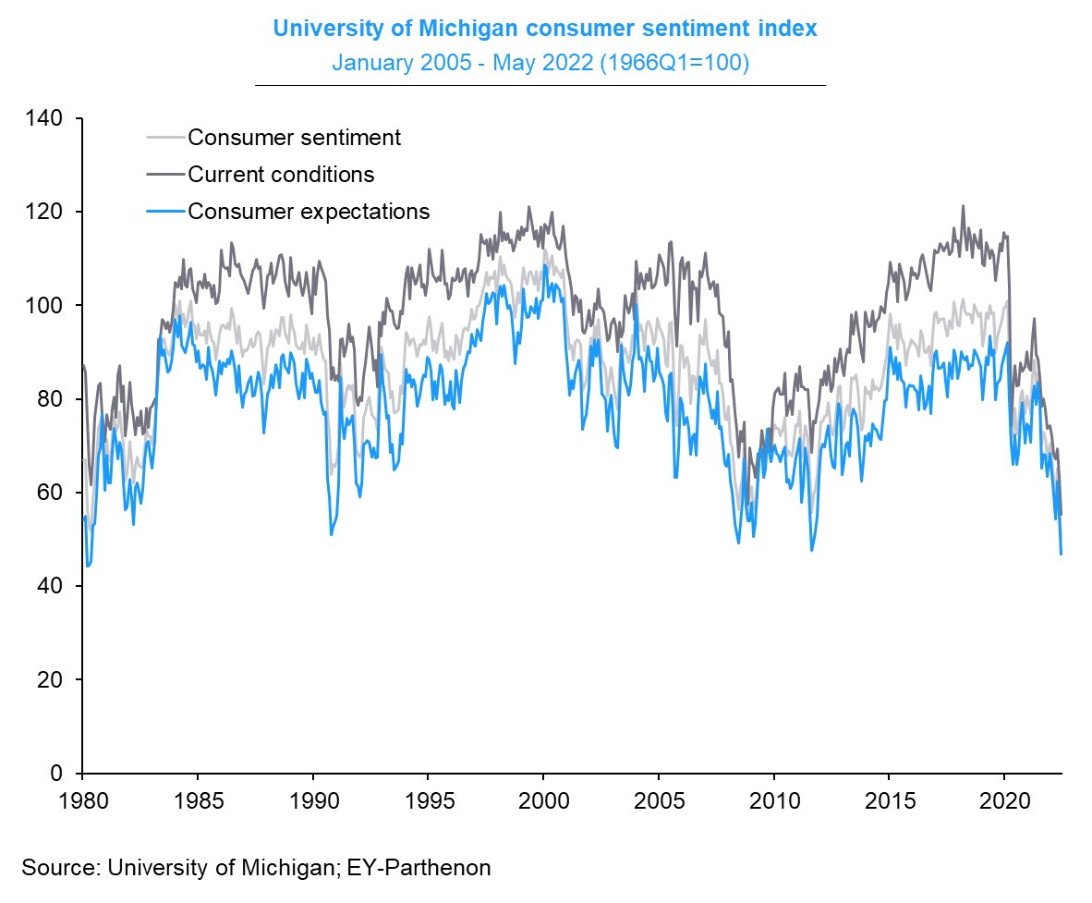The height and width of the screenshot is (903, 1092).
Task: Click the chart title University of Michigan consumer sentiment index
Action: click(545, 29)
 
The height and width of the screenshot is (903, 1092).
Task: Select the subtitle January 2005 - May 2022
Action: click(540, 64)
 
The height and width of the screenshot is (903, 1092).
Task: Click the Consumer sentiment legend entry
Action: click(294, 138)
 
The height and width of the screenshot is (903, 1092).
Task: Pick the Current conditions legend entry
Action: click(281, 174)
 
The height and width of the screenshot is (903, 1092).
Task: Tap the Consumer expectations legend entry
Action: click(309, 211)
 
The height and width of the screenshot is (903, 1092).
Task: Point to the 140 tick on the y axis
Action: click(46, 118)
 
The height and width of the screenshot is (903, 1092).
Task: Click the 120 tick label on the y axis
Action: click(46, 212)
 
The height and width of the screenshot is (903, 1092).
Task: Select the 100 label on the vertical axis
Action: click(46, 305)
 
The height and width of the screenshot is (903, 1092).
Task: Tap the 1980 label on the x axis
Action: click(82, 798)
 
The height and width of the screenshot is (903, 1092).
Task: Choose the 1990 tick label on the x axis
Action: click(312, 798)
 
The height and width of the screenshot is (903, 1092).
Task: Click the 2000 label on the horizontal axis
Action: click(543, 798)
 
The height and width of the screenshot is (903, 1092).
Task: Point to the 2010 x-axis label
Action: click(774, 798)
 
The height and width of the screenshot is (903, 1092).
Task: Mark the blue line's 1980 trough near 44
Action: click(88, 566)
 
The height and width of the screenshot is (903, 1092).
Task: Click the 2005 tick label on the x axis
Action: click(659, 798)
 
